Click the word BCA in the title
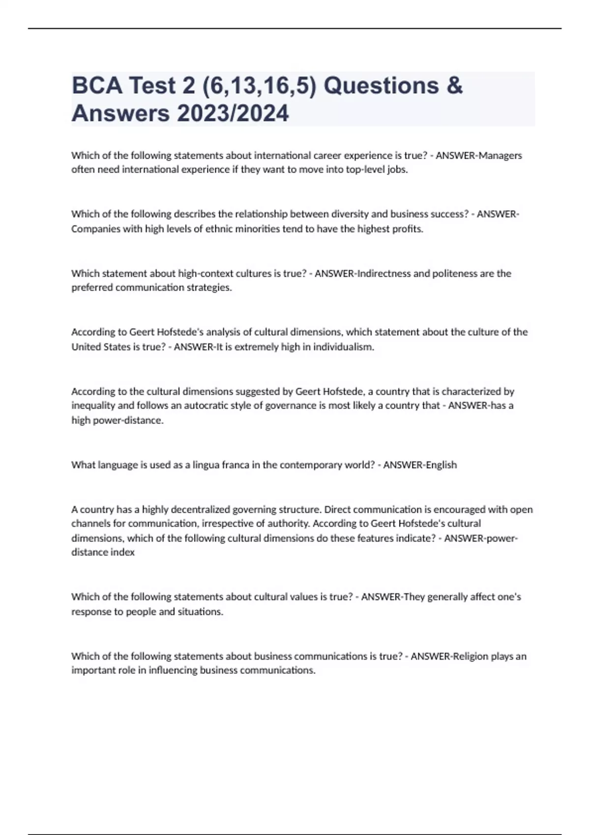96,85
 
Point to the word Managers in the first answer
501,155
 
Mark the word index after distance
124,552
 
